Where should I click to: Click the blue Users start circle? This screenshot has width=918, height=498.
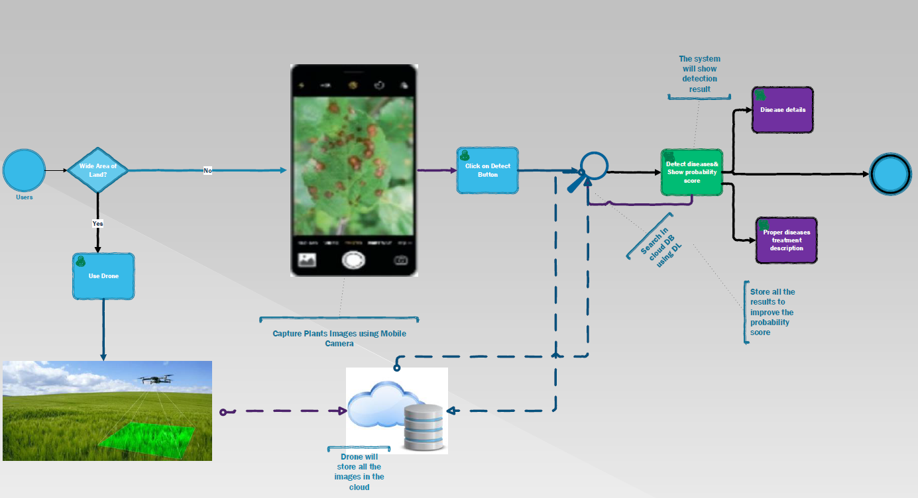(24, 170)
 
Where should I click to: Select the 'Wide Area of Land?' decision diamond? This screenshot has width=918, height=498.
(97, 170)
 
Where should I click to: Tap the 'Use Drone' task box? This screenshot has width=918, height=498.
(103, 275)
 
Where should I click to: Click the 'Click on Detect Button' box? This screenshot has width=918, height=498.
(487, 170)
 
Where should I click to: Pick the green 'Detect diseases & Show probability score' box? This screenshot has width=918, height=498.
(691, 172)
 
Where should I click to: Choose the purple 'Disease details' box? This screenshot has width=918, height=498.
(782, 110)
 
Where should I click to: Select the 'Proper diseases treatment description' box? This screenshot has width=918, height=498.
(786, 240)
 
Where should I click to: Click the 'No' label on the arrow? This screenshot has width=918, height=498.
(207, 171)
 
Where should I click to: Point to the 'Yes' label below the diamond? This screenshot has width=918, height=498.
(97, 224)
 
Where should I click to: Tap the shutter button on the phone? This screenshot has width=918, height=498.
(354, 260)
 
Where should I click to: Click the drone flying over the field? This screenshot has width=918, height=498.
(156, 379)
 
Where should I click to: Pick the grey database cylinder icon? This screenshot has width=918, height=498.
(424, 426)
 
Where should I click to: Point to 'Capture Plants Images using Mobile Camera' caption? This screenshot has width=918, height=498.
(339, 338)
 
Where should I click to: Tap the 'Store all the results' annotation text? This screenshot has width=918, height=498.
(772, 312)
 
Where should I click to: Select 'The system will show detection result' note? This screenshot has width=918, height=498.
(699, 74)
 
